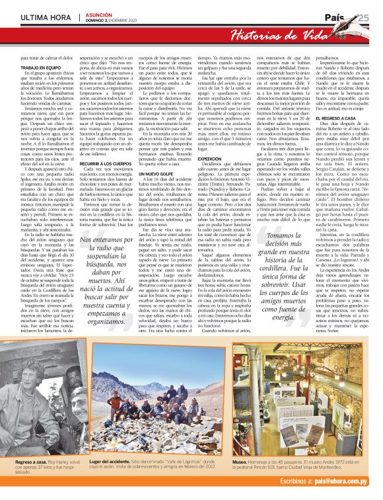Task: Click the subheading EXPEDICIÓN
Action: point(210,159)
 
